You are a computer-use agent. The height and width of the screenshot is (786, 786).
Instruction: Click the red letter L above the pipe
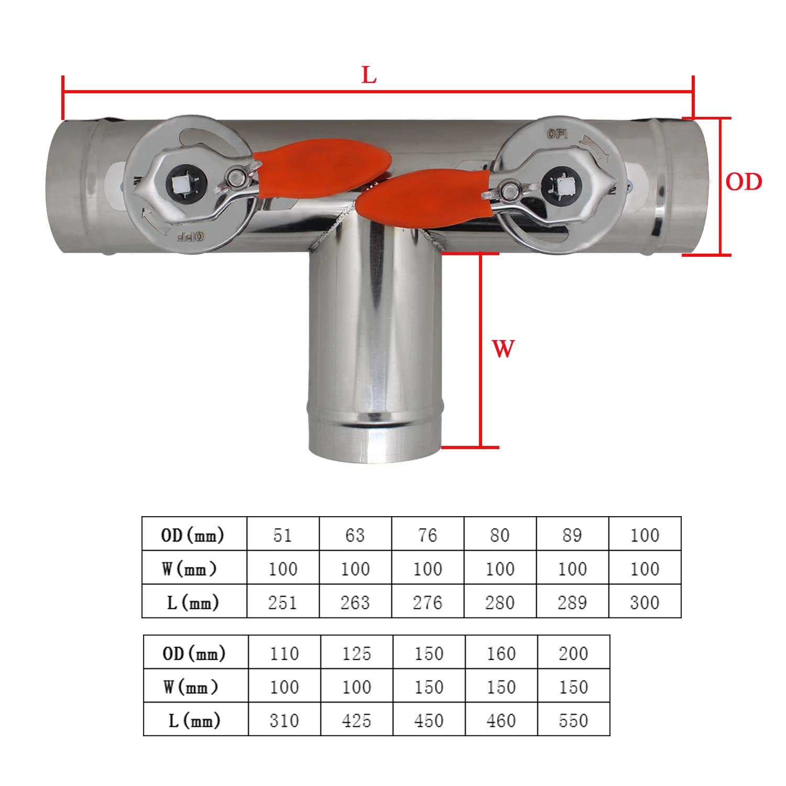point(369,75)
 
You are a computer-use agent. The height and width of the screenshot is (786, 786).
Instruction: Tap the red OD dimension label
point(744,182)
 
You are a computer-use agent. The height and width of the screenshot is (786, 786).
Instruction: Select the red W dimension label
point(503,348)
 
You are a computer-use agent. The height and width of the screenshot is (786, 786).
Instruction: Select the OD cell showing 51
point(282,535)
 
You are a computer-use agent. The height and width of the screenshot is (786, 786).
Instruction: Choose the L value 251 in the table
point(282,603)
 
